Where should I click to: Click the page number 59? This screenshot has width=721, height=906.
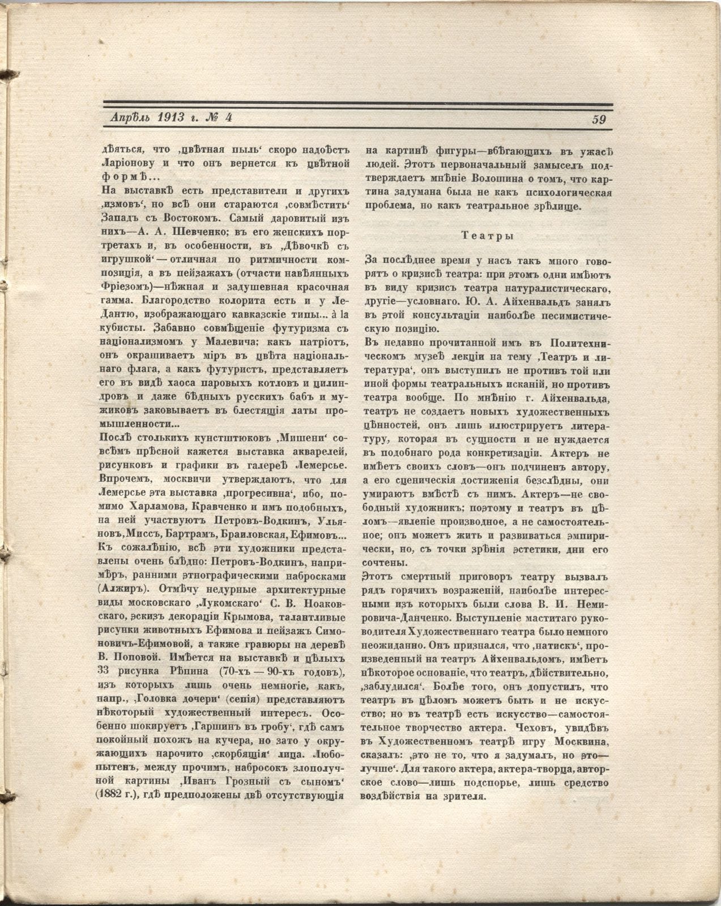click(599, 119)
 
